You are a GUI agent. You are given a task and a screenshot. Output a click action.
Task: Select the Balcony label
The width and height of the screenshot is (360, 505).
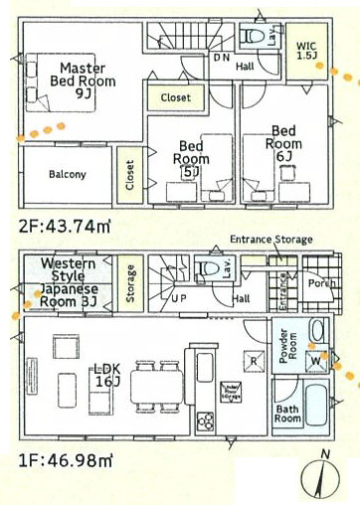67,175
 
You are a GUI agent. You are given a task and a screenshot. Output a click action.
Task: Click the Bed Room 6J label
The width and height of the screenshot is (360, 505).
283,142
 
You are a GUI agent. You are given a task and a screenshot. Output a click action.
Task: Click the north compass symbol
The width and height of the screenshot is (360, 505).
323,475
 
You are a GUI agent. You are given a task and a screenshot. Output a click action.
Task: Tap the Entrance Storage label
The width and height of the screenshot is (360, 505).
270,240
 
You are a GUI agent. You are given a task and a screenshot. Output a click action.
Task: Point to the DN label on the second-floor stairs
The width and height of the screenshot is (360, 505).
221,58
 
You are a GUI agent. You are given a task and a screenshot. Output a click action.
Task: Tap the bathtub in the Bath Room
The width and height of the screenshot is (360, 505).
320,404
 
